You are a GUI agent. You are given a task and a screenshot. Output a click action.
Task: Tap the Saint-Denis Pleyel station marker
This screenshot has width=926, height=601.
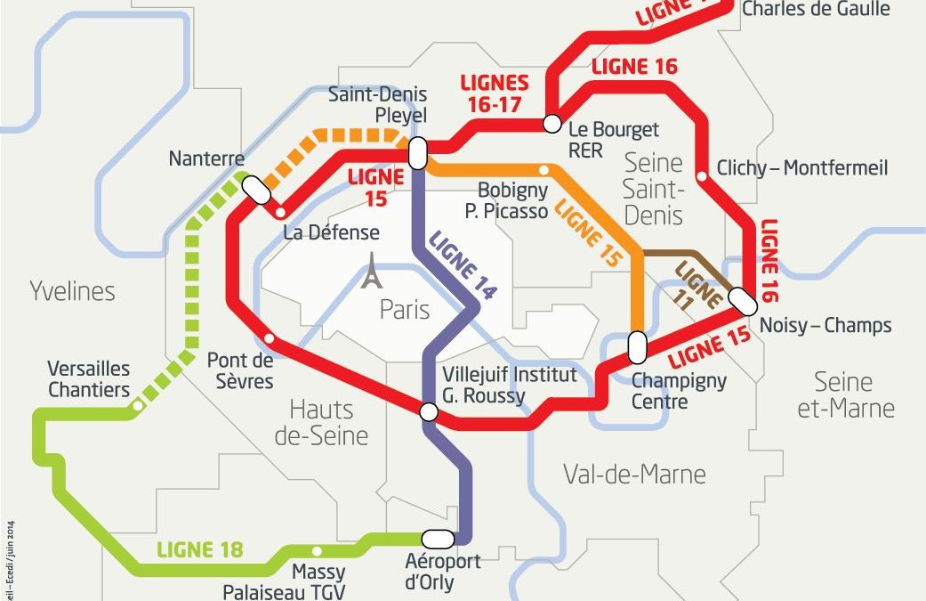pyautogui.click(x=416, y=152)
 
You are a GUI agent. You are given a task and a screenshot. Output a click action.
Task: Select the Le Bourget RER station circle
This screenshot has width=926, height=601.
pyautogui.click(x=552, y=124)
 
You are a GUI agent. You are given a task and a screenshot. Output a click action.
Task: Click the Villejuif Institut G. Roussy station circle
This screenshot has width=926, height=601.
pyautogui.click(x=429, y=411)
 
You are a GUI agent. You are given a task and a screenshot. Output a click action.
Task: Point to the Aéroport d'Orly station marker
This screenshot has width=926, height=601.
pyautogui.click(x=438, y=539)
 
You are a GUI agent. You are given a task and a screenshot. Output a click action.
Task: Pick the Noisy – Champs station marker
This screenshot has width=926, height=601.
pyautogui.click(x=743, y=302)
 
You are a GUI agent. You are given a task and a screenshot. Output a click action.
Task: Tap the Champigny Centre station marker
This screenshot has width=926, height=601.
pyautogui.click(x=637, y=347)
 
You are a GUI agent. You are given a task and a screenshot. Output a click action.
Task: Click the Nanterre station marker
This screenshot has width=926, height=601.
pyautogui.click(x=257, y=189)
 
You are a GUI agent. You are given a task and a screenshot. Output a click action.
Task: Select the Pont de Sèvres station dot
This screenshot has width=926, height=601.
pyautogui.click(x=270, y=337)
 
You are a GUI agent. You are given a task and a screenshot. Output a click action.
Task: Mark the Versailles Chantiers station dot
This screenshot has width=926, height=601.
pyautogui.click(x=137, y=406)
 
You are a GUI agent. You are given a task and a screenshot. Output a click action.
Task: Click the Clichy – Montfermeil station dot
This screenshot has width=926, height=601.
pyautogui.click(x=702, y=176)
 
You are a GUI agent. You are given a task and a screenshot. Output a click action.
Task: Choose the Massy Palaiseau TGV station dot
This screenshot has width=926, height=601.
pyautogui.click(x=317, y=550)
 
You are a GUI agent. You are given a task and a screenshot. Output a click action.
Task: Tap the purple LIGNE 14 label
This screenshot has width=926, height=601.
pyautogui.click(x=462, y=264)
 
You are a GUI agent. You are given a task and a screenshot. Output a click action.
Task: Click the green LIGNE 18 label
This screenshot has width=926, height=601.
pyautogui.click(x=199, y=550)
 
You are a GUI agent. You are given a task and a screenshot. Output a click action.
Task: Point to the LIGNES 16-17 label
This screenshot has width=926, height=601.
pyautogui.click(x=495, y=93)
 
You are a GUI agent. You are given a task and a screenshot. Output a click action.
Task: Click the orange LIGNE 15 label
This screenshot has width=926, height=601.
pyautogui.click(x=587, y=234)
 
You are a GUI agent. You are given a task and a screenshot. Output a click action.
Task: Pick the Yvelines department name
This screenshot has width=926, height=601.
pyautogui.click(x=72, y=291)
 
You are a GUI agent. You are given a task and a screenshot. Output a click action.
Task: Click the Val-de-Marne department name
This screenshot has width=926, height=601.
pyautogui.click(x=634, y=475)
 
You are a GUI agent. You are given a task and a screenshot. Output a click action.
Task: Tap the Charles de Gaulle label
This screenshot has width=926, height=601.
pyautogui.click(x=815, y=9)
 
